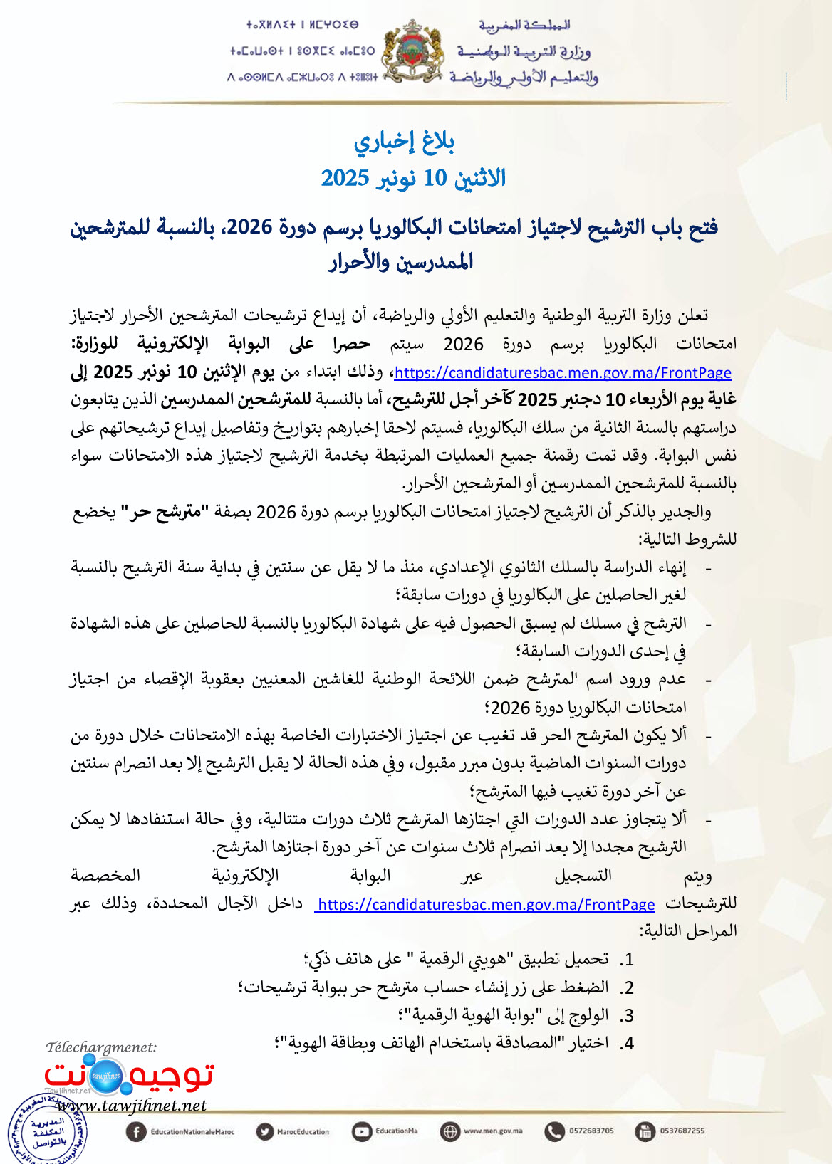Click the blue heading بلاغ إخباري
(405, 142)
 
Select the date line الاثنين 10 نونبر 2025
(413, 178)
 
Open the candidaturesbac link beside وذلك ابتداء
(563, 373)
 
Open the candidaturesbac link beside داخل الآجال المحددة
(486, 905)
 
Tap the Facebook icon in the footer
(135, 1131)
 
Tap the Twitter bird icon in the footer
(265, 1131)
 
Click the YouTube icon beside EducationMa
(363, 1131)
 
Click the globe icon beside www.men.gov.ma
(450, 1131)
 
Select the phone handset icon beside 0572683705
(554, 1131)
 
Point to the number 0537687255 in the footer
(682, 1131)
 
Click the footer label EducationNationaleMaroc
(192, 1132)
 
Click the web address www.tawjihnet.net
(131, 1106)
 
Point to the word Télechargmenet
(101, 1047)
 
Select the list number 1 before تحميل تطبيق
(627, 960)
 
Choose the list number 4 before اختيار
(627, 1044)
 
